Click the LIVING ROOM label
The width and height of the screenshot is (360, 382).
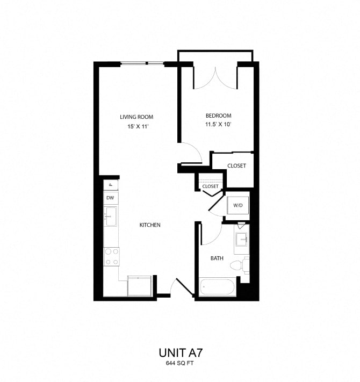[136, 117]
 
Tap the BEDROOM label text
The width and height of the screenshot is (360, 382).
[218, 116]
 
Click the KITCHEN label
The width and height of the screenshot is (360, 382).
[150, 225]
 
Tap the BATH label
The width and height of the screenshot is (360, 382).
[217, 258]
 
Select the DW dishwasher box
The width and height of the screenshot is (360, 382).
[111, 198]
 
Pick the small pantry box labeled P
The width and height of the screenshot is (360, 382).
[111, 184]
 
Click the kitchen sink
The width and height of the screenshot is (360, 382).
[111, 217]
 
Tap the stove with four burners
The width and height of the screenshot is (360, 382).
[112, 256]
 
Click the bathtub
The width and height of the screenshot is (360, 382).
[217, 286]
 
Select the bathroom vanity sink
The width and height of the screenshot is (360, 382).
[241, 240]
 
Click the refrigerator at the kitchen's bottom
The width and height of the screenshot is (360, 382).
[141, 285]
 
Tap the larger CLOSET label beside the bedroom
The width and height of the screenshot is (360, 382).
[236, 165]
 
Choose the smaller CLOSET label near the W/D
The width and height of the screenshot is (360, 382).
[211, 186]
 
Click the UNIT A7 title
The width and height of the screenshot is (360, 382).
[180, 353]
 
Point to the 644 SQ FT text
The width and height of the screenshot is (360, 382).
[180, 364]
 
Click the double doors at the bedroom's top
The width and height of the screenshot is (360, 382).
[215, 78]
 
